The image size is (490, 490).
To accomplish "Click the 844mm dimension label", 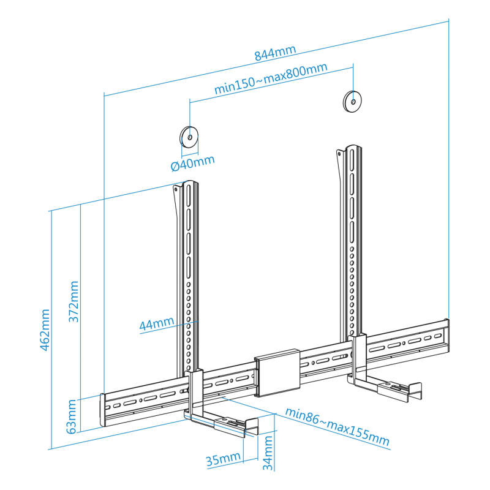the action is (275, 53).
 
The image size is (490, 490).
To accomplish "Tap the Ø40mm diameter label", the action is (193, 163).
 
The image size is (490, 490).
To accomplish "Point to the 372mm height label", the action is (73, 301).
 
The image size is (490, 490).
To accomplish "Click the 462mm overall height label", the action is (45, 330).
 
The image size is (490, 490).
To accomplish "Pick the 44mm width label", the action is (157, 323).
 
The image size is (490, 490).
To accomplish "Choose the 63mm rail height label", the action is (72, 417).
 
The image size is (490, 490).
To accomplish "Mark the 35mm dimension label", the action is (223, 459).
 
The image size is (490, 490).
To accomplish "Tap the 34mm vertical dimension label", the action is (268, 453).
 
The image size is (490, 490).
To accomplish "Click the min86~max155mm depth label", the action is (337, 426).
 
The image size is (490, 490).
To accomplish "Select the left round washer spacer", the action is (189, 137).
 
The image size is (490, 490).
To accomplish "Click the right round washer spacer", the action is (352, 102).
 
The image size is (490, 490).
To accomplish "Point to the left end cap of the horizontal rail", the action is (102, 410).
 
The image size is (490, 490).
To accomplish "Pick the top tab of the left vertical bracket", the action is (177, 190).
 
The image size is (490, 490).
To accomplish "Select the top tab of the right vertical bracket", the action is (340, 155).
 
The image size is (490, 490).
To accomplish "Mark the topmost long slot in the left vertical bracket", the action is (189, 195).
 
